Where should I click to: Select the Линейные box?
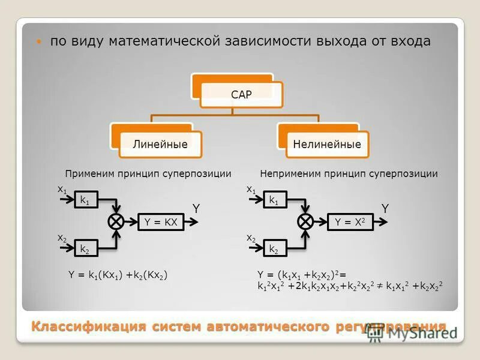(160, 145)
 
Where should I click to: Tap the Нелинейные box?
(327, 145)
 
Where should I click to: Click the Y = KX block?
(161, 222)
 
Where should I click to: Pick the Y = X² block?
(350, 222)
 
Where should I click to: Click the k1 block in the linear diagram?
(85, 200)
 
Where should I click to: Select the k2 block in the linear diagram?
(85, 248)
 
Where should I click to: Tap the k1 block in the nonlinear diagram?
(274, 200)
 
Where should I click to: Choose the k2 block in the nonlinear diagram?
(274, 248)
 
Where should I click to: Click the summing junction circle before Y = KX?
(116, 221)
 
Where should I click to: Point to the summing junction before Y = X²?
(306, 221)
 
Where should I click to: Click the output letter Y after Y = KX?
(196, 208)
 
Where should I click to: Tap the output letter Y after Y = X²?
(385, 208)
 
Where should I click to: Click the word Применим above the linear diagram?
(88, 174)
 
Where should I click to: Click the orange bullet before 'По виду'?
(39, 42)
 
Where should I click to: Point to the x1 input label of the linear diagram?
(62, 189)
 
